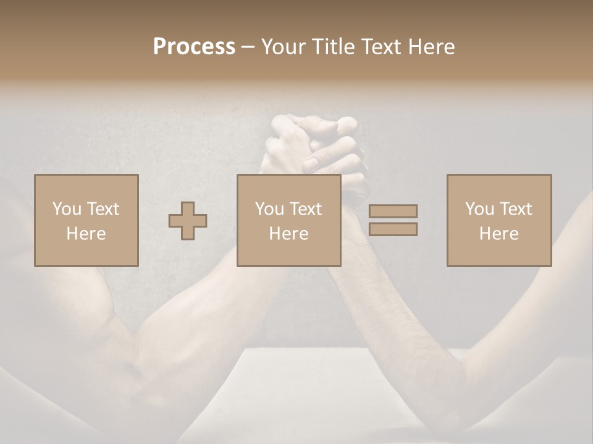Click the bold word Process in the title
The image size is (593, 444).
[194, 46]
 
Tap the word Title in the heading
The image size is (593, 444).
[333, 46]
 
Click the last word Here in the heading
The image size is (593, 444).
[430, 46]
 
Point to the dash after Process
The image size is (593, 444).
[248, 47]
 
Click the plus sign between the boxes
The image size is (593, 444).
[188, 221]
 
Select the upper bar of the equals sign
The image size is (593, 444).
[393, 211]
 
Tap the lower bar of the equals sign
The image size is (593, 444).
[393, 229]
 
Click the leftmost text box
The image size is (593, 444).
[86, 220]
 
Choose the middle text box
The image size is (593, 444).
[289, 220]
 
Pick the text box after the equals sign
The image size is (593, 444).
[499, 220]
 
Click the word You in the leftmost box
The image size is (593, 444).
[66, 209]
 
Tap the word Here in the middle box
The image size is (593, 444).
[289, 234]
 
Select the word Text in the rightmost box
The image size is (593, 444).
[516, 209]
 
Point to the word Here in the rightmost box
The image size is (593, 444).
[499, 234]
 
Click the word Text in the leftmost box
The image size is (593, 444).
[103, 209]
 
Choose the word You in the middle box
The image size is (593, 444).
[269, 209]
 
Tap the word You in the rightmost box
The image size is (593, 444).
[479, 209]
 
